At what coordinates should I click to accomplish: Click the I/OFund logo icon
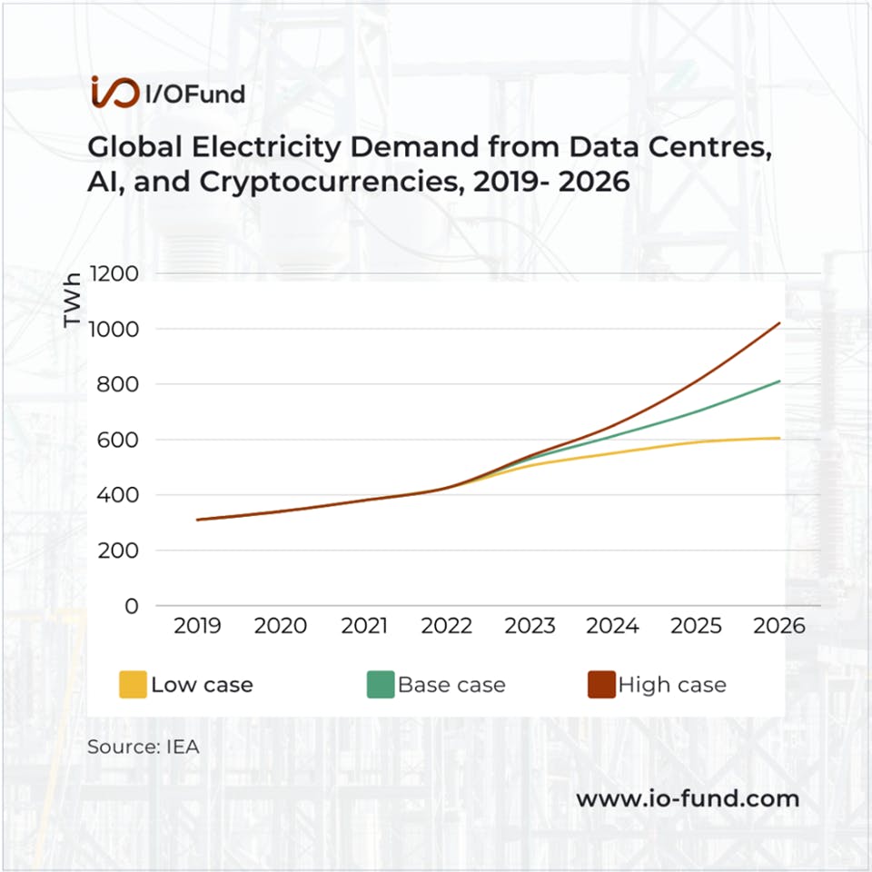[x=114, y=92]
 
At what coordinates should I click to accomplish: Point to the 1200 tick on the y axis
[x=114, y=273]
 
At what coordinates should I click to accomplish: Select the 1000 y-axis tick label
[x=114, y=329]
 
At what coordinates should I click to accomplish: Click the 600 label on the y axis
[x=118, y=440]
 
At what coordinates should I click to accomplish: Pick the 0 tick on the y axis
[x=132, y=606]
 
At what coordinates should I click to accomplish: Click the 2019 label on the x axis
[x=197, y=627]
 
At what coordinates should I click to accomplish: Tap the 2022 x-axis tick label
[x=446, y=627]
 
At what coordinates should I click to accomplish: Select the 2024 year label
[x=612, y=627]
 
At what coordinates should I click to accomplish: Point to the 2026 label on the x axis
[x=778, y=627]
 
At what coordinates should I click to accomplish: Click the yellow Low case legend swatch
[x=132, y=684]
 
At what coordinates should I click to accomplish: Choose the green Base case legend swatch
[x=380, y=684]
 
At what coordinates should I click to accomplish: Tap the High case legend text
[x=671, y=684]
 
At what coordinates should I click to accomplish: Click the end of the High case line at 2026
[x=779, y=323]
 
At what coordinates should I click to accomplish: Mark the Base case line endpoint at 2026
[x=779, y=381]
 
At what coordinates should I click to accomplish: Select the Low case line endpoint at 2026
[x=779, y=438]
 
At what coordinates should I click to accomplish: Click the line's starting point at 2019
[x=197, y=520]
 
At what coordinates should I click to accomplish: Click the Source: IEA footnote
[x=143, y=748]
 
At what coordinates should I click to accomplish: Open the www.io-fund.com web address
[x=688, y=798]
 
